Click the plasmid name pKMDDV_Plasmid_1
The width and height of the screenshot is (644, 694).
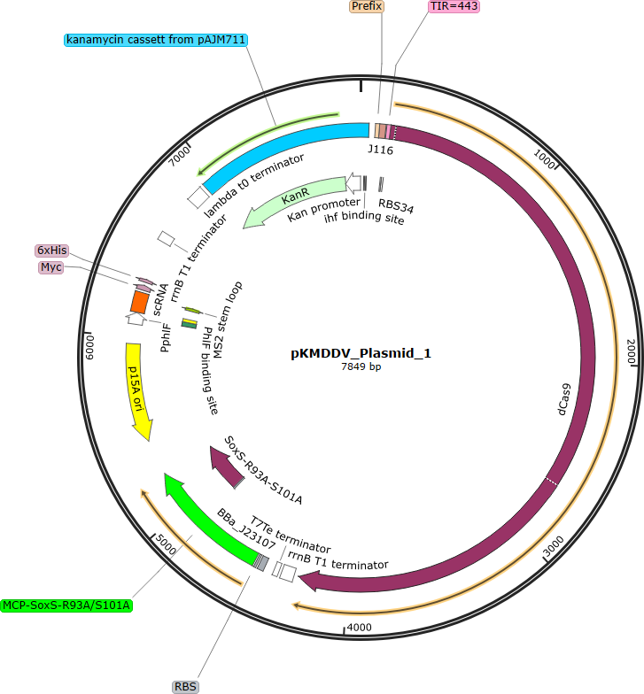(x=361, y=353)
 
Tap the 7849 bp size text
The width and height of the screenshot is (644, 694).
(x=361, y=366)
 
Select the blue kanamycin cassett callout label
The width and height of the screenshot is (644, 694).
(x=156, y=40)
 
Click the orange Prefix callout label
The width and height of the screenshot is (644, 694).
(x=367, y=6)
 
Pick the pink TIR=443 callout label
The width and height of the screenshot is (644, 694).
(x=454, y=6)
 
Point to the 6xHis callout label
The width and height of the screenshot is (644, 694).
(x=51, y=251)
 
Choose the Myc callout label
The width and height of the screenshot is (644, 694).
(x=51, y=267)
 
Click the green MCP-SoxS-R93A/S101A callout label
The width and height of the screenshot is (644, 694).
(x=66, y=605)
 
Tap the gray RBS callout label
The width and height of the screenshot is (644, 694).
(x=185, y=687)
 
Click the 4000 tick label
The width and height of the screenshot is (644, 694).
(x=360, y=627)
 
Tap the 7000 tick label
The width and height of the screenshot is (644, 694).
(x=179, y=156)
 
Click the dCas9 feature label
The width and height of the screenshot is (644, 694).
(x=563, y=399)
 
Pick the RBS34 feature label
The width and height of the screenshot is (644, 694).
(x=396, y=206)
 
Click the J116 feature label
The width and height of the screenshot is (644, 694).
(x=381, y=150)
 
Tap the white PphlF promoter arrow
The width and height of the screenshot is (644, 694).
(x=136, y=319)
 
